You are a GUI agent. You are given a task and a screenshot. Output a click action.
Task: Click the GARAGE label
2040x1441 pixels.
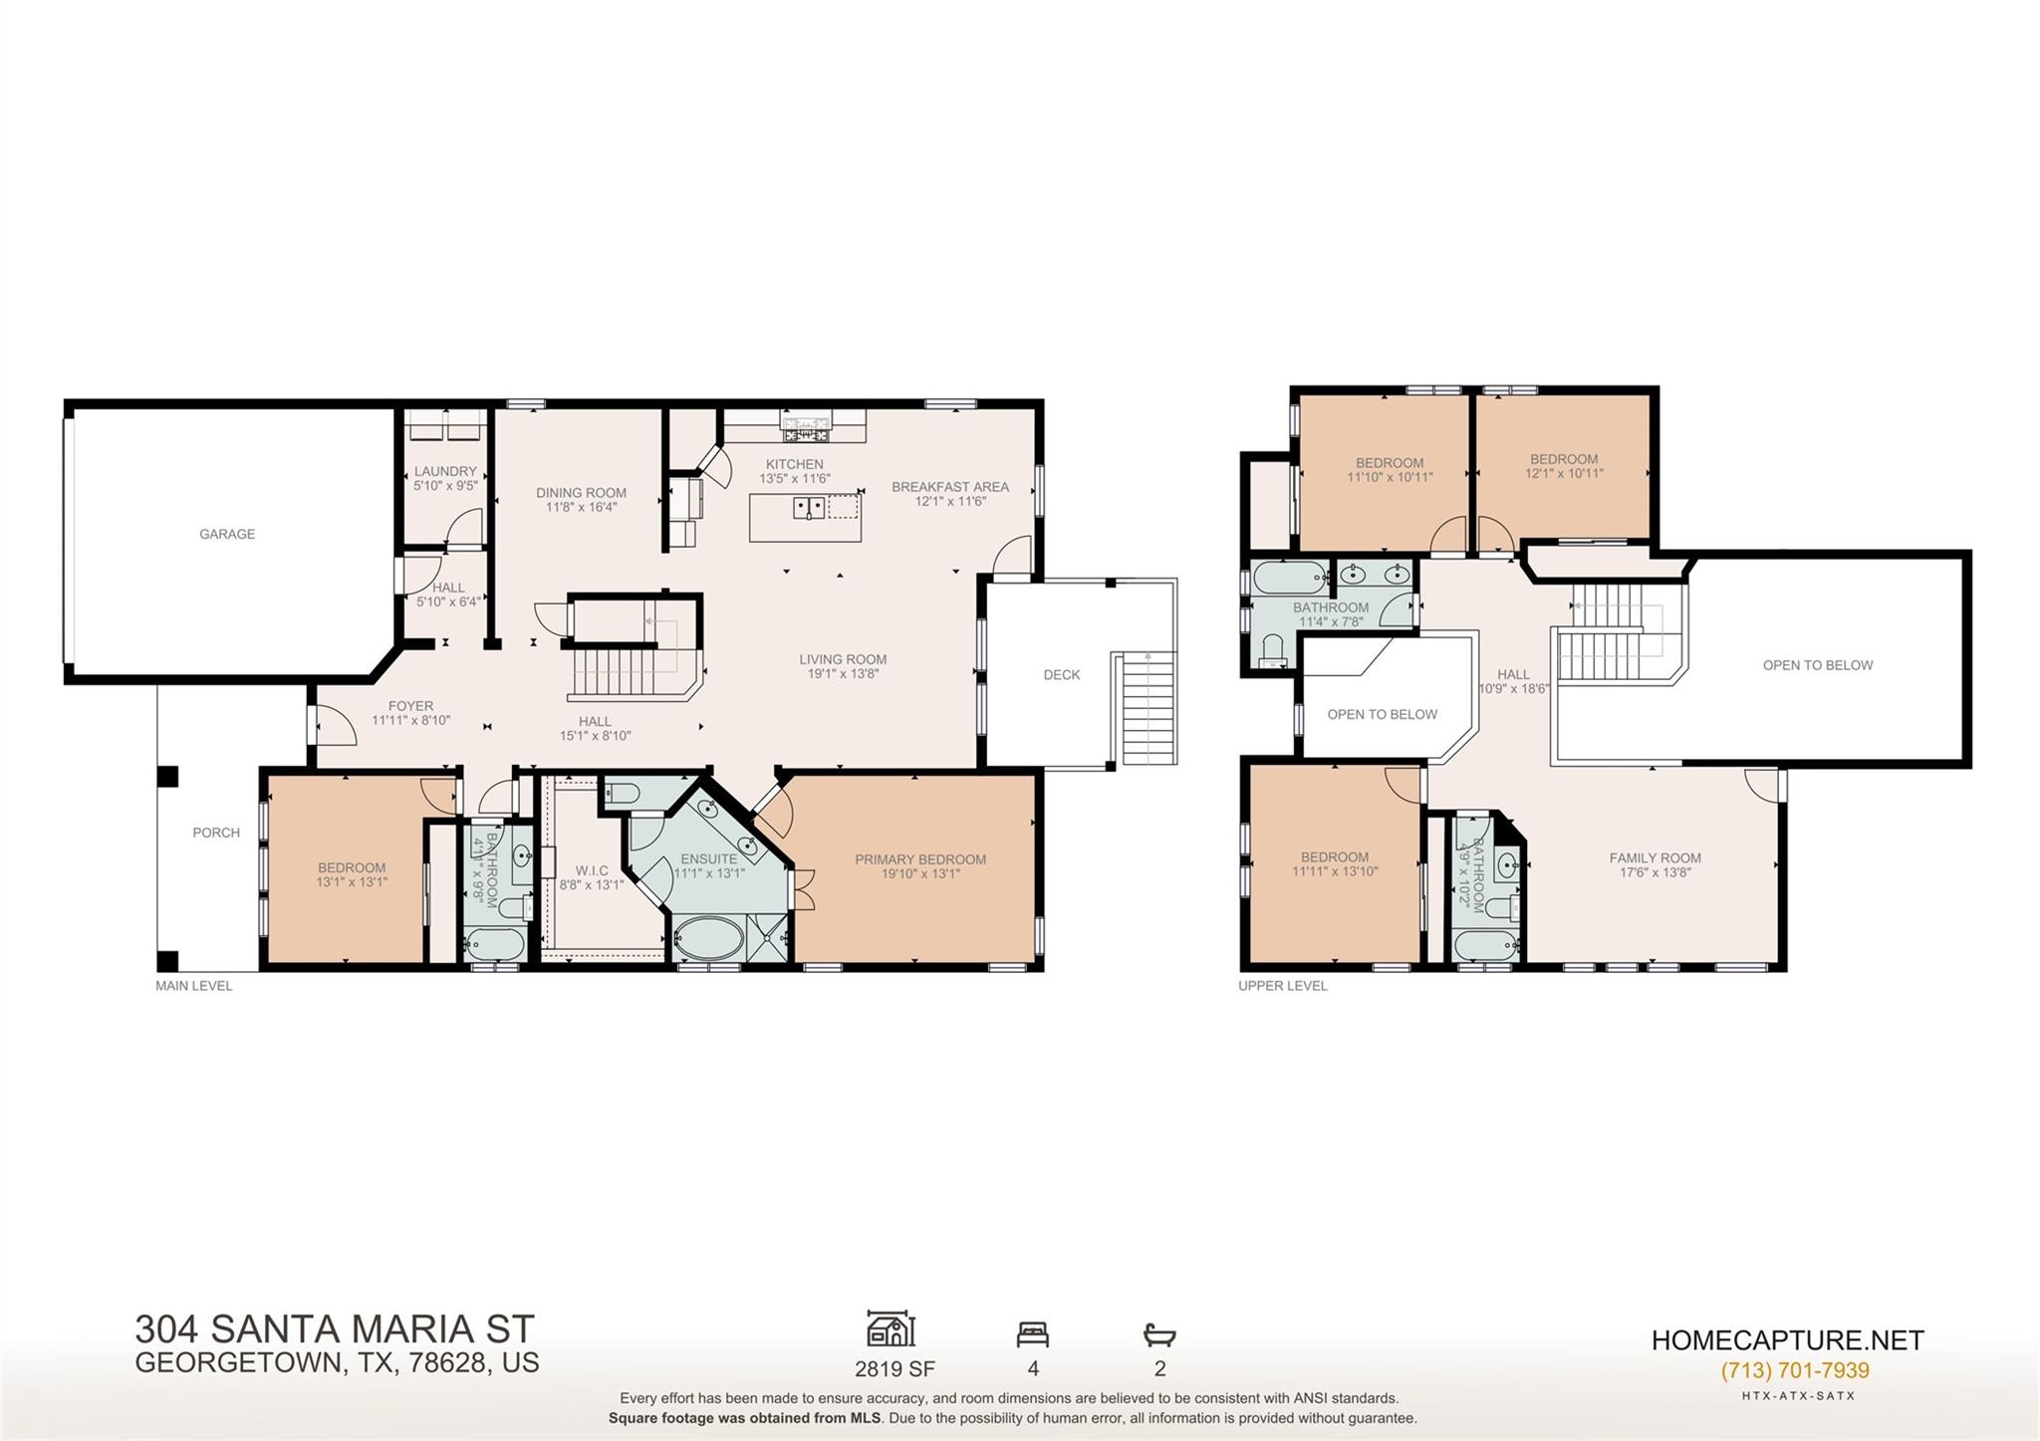tap(227, 534)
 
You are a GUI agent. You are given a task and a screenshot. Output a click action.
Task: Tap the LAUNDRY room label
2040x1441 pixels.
tap(445, 471)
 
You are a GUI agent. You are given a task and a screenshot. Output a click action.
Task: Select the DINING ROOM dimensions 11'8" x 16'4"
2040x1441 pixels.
tap(581, 507)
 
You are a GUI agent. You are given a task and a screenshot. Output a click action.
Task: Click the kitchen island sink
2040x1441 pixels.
tap(808, 508)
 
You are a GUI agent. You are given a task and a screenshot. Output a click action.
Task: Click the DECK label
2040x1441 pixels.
tap(1061, 674)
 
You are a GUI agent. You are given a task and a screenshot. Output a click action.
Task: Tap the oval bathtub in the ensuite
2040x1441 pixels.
tap(708, 938)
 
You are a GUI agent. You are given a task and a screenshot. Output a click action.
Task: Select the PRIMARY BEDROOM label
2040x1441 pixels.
tap(919, 859)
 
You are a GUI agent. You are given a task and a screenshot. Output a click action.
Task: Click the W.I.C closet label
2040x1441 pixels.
tap(591, 870)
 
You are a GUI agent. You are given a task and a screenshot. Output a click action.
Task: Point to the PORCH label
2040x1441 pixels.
tap(216, 833)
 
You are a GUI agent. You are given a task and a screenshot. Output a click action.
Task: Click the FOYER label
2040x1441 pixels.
tap(410, 706)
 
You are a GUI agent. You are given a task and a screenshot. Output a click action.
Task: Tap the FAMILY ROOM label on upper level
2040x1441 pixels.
tap(1655, 857)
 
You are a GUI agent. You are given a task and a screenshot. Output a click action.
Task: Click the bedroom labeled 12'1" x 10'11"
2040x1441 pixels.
tap(1564, 466)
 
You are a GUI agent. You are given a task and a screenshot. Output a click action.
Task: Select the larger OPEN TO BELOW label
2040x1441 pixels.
tap(1817, 665)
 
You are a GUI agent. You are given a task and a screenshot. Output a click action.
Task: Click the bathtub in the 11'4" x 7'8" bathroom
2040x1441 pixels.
tap(1291, 576)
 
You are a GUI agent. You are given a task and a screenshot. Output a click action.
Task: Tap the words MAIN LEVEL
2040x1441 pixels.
tap(193, 986)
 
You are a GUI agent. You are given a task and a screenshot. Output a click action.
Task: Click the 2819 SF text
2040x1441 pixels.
tap(893, 1368)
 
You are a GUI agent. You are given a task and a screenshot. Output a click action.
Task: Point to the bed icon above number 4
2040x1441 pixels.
tap(1032, 1333)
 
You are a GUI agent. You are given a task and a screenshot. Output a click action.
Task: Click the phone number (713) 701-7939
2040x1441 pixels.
tap(1794, 1370)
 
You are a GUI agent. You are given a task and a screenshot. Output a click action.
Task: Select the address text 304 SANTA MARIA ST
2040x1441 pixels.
tap(335, 1329)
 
